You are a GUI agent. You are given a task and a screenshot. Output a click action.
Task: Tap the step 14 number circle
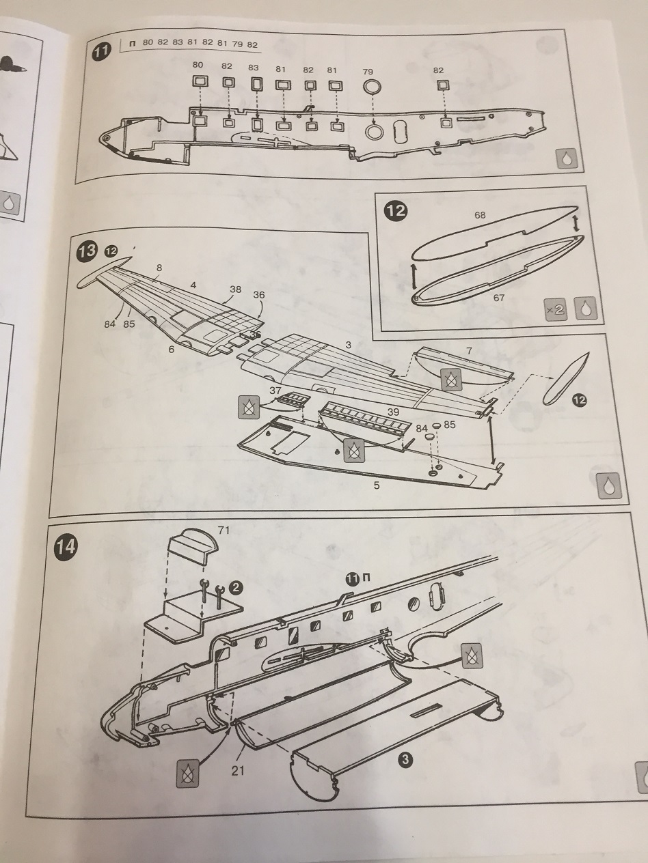(66, 546)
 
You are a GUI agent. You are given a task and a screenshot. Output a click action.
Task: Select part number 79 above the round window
(368, 72)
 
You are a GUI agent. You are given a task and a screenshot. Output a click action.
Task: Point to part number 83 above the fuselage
(254, 68)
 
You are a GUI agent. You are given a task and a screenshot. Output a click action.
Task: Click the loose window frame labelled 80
(200, 82)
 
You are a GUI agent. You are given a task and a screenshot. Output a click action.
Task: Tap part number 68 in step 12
(480, 215)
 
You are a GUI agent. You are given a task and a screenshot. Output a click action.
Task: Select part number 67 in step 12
(498, 298)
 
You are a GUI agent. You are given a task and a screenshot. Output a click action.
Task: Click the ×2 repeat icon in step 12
(556, 309)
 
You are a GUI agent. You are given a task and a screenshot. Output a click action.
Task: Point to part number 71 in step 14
(223, 531)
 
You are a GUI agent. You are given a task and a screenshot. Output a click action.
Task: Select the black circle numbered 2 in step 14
(235, 587)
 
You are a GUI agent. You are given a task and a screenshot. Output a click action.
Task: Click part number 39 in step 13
(393, 412)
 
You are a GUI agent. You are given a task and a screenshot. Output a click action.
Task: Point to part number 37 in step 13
(275, 391)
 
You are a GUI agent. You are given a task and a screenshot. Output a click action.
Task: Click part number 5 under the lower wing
(377, 485)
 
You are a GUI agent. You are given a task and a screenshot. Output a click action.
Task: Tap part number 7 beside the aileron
(469, 351)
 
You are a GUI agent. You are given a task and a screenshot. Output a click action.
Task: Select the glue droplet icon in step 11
(568, 159)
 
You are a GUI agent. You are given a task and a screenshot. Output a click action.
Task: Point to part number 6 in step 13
(171, 349)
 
